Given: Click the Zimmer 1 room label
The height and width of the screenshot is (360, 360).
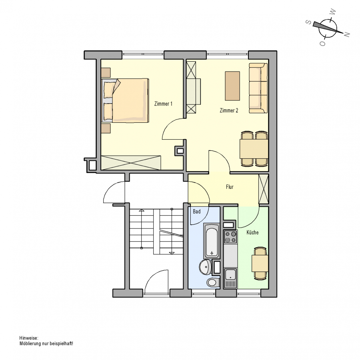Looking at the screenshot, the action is [x=163, y=104].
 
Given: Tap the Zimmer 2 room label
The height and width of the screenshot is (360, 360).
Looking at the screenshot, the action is [x=229, y=110].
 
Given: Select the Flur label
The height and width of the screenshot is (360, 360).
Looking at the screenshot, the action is [x=230, y=187].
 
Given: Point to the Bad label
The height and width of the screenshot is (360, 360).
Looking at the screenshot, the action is [x=196, y=212].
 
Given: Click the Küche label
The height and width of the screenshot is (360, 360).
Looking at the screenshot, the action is [x=252, y=232].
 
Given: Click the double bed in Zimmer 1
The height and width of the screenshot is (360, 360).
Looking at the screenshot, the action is [x=125, y=100].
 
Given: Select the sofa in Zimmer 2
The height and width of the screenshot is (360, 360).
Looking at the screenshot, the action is [x=258, y=88].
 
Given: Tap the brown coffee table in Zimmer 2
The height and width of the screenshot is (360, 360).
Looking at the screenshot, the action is [x=232, y=86].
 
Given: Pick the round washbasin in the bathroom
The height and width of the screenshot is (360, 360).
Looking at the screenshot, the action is [x=206, y=267].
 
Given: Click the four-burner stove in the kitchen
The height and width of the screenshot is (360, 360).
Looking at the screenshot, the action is [x=230, y=237].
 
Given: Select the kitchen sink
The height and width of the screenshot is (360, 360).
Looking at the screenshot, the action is [x=230, y=278].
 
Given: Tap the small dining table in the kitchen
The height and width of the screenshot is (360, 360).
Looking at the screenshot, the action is [x=260, y=263].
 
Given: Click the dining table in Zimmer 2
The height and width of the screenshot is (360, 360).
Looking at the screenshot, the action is [x=254, y=149].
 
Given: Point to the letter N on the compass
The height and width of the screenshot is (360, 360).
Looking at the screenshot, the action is [x=347, y=34].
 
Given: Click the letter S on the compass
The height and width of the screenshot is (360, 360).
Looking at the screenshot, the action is [x=309, y=22].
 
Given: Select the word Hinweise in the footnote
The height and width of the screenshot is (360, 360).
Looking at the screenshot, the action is [x=29, y=338].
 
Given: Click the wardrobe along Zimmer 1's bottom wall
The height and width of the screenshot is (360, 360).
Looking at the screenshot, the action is [x=131, y=162].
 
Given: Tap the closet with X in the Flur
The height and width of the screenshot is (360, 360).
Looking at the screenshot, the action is [x=263, y=189].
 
